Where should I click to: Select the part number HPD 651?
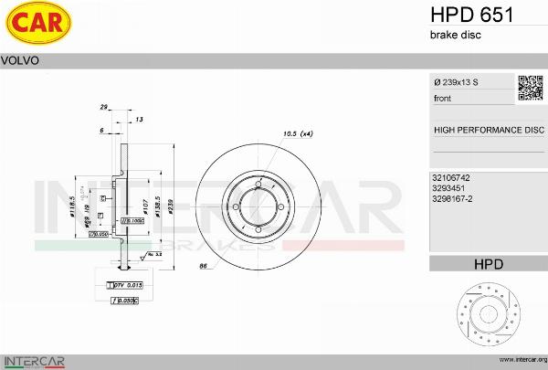[470, 15]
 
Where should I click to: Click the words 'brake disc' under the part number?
[455, 35]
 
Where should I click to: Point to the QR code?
[531, 88]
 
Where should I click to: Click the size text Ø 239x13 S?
[456, 83]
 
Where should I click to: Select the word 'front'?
[442, 98]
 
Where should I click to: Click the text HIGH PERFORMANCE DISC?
[488, 130]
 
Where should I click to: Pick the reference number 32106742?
[451, 177]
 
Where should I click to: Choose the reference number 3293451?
[448, 187]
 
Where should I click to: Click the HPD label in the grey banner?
[488, 264]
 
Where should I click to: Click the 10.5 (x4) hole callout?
[298, 134]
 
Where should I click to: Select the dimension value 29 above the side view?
[104, 107]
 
